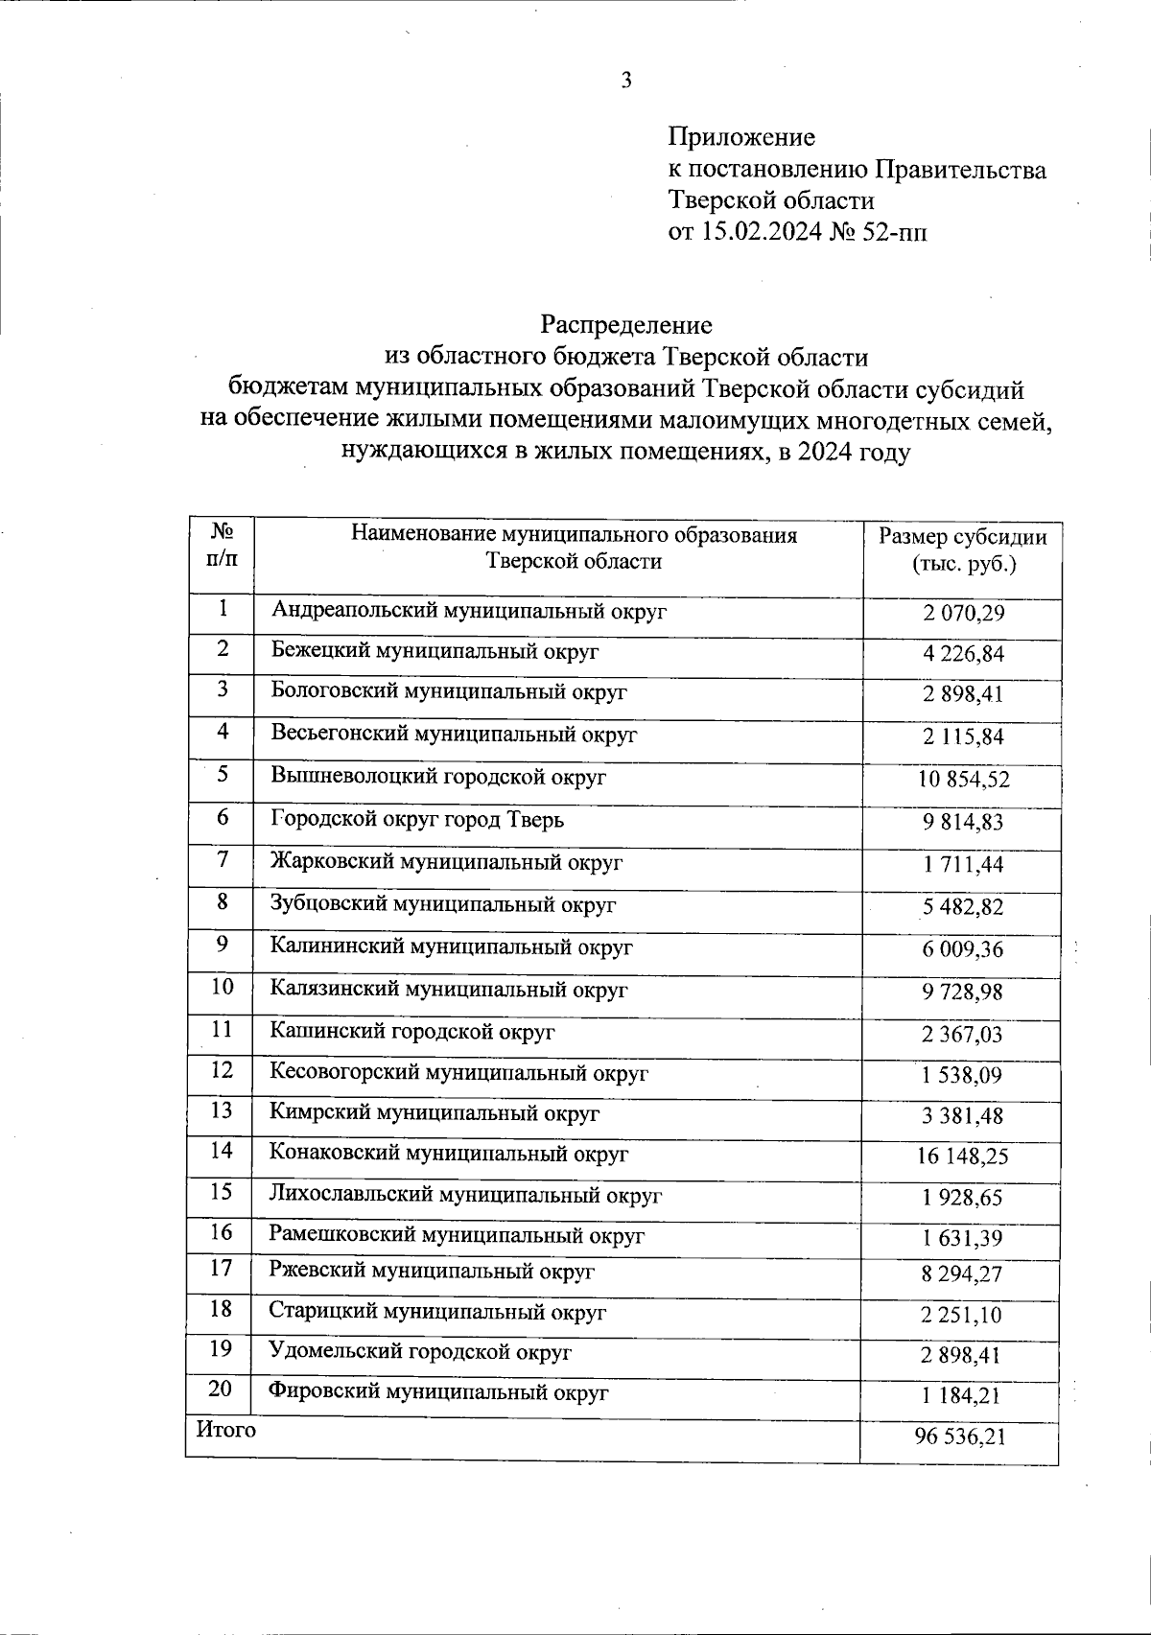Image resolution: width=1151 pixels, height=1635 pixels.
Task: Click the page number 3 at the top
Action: (626, 80)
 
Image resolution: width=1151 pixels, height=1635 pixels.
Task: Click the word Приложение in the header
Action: (741, 137)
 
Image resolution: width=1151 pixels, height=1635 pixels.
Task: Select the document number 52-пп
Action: (896, 232)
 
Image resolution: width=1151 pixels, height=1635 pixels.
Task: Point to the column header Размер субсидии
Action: (963, 536)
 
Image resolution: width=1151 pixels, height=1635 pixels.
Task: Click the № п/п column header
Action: (223, 543)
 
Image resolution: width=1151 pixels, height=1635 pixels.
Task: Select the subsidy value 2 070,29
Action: (963, 613)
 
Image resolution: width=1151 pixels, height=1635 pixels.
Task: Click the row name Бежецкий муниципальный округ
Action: (435, 650)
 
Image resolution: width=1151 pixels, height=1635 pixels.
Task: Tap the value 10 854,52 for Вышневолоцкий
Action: (963, 780)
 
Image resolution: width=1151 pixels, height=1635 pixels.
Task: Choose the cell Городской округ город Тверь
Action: (417, 819)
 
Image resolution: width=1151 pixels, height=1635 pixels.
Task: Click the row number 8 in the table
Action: (223, 902)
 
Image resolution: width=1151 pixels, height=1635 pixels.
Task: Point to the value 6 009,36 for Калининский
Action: (963, 949)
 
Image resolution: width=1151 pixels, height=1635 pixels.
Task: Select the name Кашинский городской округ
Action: (412, 1032)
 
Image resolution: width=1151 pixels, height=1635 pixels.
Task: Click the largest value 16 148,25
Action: (963, 1157)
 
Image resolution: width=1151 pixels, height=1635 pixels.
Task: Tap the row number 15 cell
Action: (222, 1192)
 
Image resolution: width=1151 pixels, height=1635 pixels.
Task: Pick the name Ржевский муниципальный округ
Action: (432, 1272)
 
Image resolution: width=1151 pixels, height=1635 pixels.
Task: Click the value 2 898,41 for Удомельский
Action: (963, 1356)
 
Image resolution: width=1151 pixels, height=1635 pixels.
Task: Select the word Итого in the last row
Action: (226, 1430)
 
